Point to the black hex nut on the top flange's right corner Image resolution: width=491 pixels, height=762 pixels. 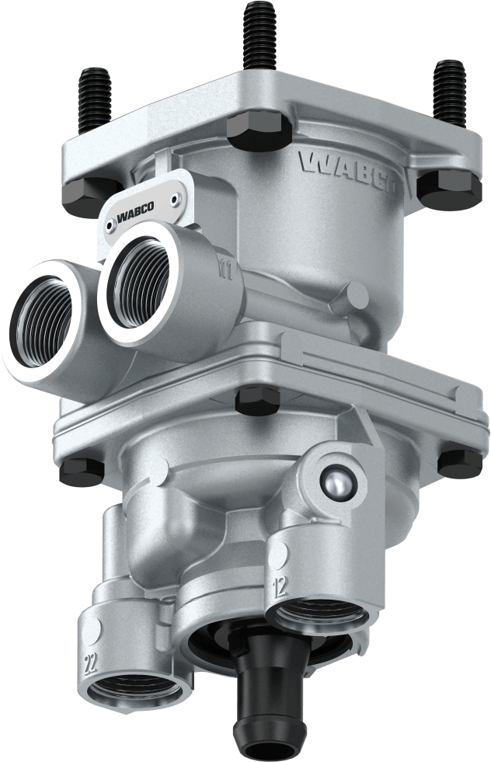449,189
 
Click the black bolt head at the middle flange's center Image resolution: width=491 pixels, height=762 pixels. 258,401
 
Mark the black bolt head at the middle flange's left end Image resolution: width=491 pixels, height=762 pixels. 82,469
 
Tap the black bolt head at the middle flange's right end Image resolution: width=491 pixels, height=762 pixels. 459,463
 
